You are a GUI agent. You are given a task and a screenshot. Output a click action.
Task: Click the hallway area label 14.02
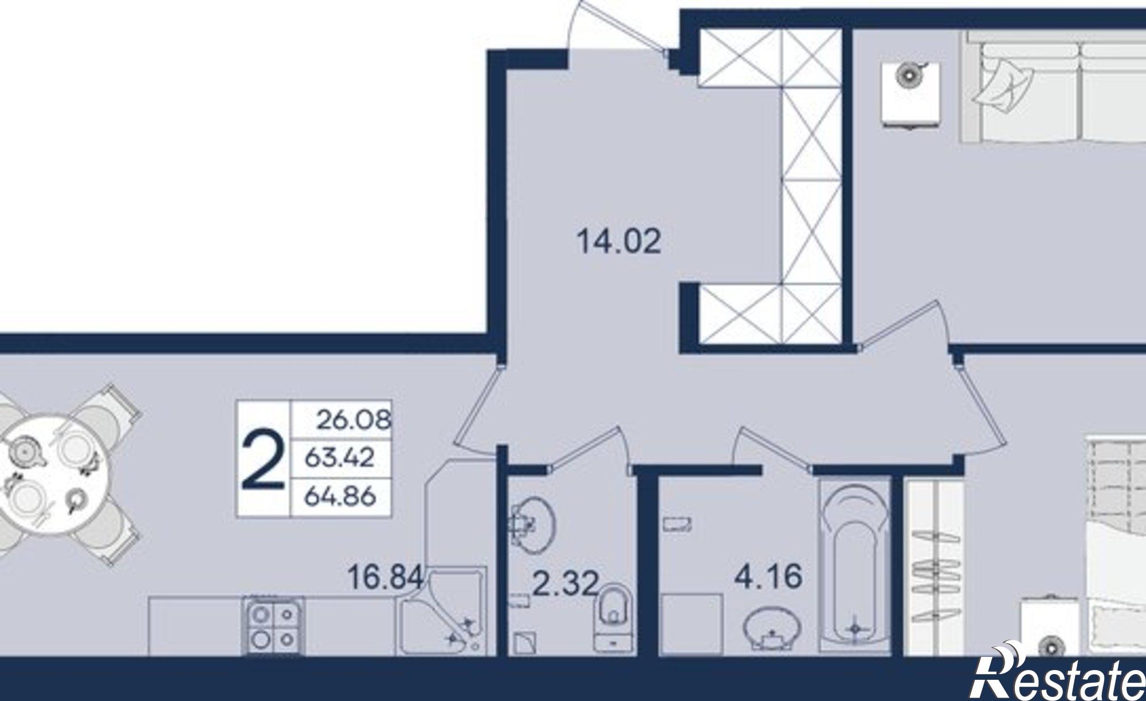coord(619,241)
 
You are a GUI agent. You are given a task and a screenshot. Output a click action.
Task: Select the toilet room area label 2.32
coord(565,584)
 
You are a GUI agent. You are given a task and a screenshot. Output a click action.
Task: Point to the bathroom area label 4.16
coord(768,576)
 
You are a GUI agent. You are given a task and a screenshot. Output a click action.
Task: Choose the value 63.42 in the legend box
coord(340,457)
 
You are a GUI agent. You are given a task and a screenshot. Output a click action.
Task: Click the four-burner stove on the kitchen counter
coord(273,626)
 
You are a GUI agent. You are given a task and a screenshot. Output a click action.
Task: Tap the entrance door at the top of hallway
coord(619,26)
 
